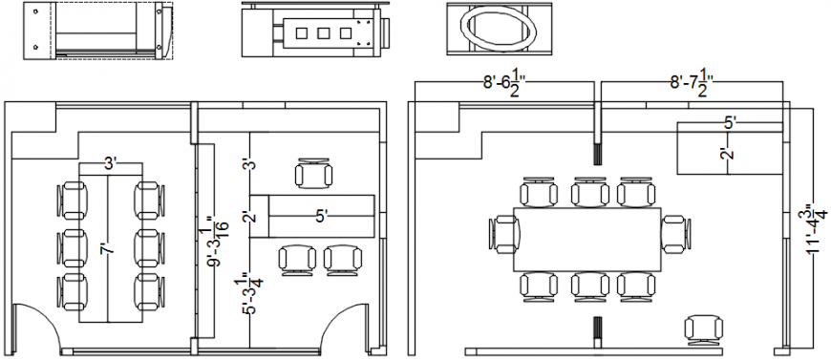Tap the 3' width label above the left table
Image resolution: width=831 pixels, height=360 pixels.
point(111,163)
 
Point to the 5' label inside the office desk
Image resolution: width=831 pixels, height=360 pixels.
point(322,217)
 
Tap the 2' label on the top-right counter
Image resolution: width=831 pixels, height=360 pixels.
point(727,154)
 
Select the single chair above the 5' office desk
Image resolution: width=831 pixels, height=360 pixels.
point(315,175)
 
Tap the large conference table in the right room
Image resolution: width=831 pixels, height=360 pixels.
point(587,238)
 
